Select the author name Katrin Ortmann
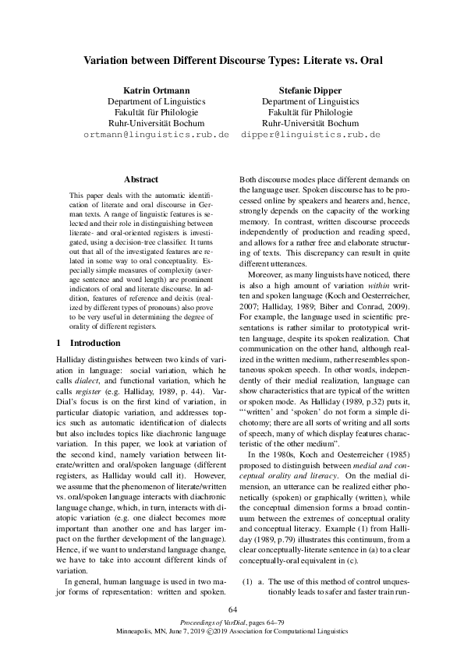coord(156,90)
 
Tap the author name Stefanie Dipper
coord(310,90)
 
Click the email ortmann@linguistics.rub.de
coord(156,134)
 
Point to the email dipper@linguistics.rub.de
coord(310,134)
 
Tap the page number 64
coord(232,609)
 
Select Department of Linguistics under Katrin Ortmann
coord(156,101)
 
